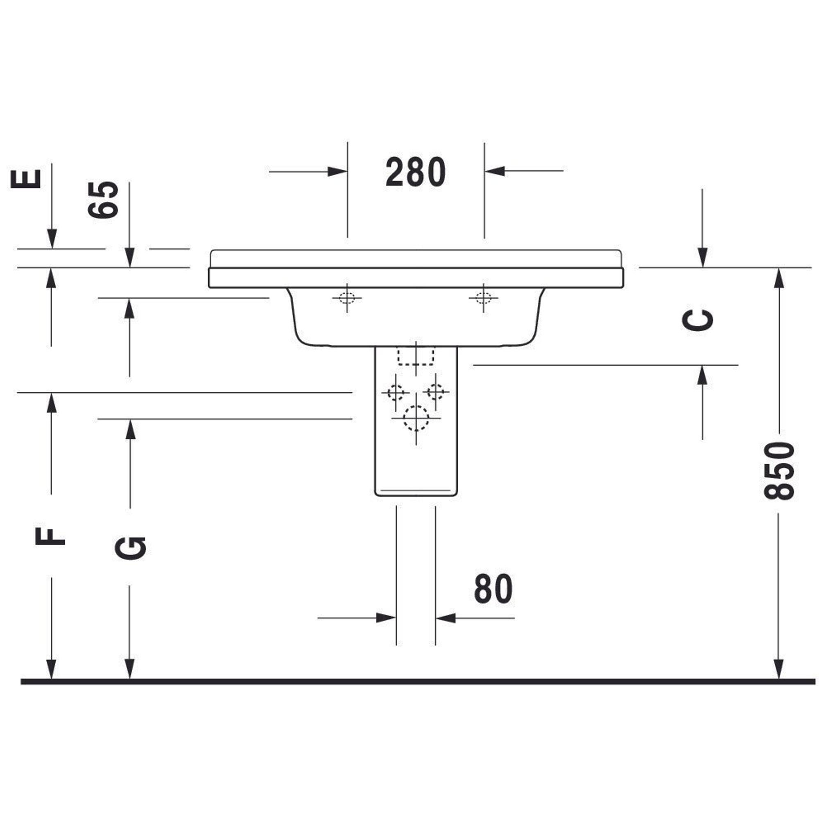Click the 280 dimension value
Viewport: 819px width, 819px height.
[415, 172]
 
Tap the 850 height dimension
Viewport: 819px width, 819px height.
[778, 471]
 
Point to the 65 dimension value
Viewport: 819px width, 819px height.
[103, 199]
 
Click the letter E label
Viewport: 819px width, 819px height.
[26, 179]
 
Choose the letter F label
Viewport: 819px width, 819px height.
[50, 537]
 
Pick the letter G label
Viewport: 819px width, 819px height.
[131, 548]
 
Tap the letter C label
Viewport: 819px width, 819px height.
[697, 320]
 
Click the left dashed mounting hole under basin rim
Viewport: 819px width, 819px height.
[347, 298]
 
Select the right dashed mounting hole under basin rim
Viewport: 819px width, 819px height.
[484, 298]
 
